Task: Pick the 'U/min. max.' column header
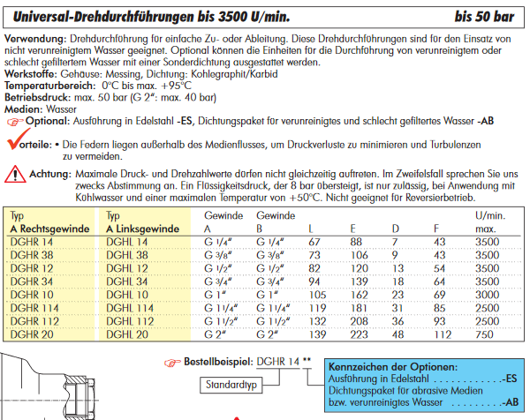point(492,221)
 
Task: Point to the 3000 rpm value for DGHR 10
point(490,296)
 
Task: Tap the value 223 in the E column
point(360,335)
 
